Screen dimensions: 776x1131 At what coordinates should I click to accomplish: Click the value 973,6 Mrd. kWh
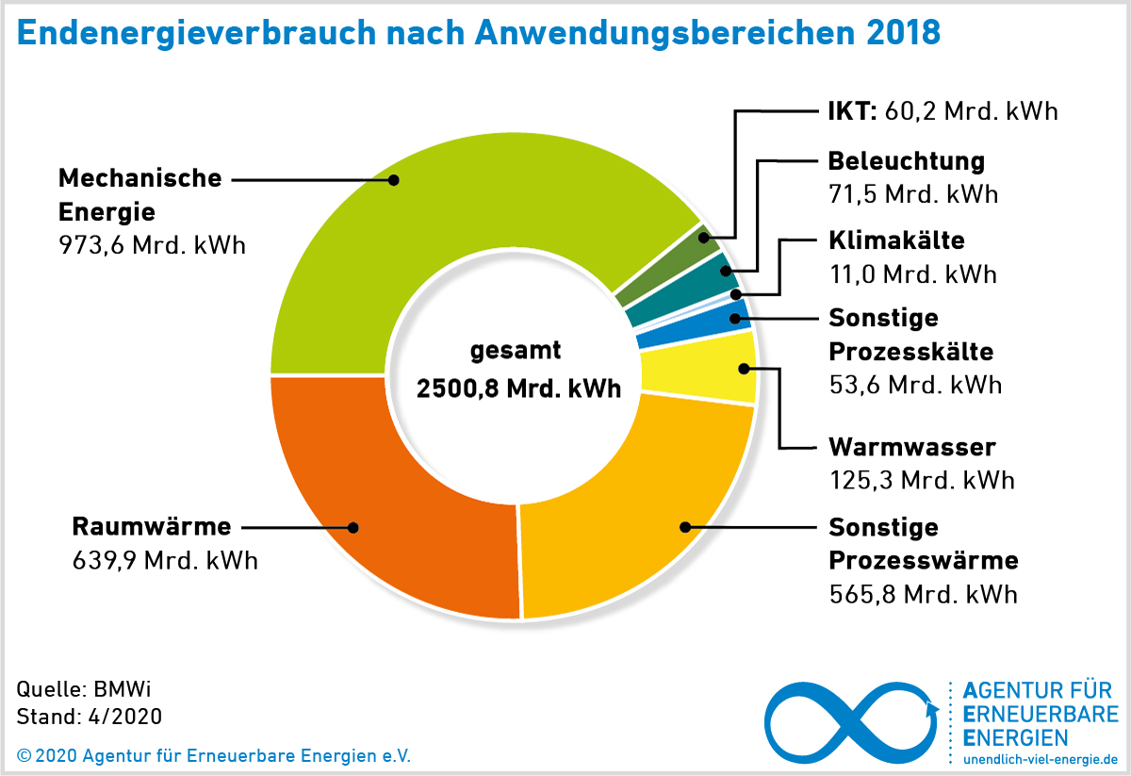click(x=151, y=245)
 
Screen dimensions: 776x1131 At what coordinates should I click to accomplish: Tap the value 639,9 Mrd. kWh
click(x=165, y=561)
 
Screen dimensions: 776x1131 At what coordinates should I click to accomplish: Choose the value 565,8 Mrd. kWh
click(x=923, y=595)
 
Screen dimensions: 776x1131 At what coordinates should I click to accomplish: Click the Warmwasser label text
click(x=911, y=446)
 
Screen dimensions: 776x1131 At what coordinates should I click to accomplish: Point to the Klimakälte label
click(x=896, y=240)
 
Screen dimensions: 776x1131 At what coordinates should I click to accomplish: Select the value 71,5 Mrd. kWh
click(x=912, y=194)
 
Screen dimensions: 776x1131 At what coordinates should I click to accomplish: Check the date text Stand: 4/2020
click(x=90, y=717)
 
